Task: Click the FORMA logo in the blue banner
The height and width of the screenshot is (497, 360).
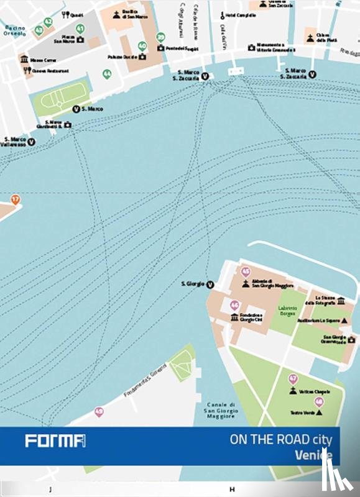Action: tap(55, 441)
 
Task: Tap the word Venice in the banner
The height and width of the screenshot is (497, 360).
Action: tap(313, 455)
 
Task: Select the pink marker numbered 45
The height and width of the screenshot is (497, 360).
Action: tap(246, 272)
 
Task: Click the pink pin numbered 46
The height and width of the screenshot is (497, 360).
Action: tap(234, 305)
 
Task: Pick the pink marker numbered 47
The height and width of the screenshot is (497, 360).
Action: tap(293, 378)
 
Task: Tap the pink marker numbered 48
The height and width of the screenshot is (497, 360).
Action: tap(319, 401)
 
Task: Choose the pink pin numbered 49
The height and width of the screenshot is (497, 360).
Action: tap(98, 411)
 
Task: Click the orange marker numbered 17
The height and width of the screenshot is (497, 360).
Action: tap(16, 199)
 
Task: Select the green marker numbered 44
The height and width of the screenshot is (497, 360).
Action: tap(107, 74)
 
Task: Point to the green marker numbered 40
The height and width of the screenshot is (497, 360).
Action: tap(142, 46)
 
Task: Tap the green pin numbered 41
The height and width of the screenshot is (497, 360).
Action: tap(80, 29)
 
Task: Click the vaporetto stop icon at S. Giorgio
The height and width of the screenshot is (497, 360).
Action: tap(210, 285)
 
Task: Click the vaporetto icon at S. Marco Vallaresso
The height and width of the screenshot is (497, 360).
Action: tap(31, 142)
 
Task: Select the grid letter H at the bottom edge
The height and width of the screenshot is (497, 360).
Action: tap(232, 490)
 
